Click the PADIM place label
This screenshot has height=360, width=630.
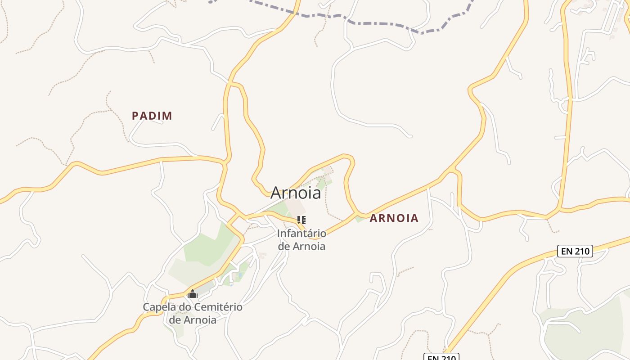pos(152,116)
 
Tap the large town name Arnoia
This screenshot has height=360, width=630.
pos(296,193)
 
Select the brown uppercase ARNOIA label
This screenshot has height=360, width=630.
pos(394,218)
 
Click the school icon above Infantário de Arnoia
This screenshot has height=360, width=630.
pos(301,220)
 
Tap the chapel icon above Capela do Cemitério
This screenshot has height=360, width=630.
pos(193,294)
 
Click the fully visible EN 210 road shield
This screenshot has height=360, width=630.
pos(575,251)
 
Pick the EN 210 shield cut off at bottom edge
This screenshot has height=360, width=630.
pos(441,357)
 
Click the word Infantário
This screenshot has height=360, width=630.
pos(301,234)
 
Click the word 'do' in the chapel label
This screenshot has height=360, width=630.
pos(184,307)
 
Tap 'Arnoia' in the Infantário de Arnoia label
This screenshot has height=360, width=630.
pos(309,246)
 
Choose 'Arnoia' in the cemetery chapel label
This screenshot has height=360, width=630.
pos(199,320)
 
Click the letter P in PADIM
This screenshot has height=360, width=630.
pos(135,116)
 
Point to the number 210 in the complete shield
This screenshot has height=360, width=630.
pos(581,251)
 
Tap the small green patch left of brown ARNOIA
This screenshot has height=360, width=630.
pos(359,219)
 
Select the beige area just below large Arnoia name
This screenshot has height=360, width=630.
pos(296,207)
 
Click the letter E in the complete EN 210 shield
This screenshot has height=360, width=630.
pos(564,251)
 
